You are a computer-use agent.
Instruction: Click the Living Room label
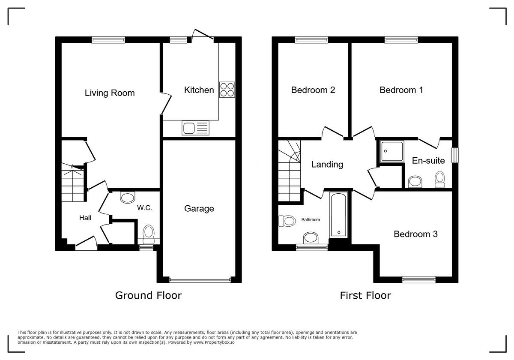point(110,93)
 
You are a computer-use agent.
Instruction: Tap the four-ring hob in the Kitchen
point(227,90)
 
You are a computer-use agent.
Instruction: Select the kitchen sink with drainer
point(196,128)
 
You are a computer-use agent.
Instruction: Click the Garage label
point(199,209)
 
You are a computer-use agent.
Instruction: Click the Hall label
point(85,218)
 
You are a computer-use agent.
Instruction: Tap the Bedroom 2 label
point(313,90)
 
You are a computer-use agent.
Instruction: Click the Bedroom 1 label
point(401,90)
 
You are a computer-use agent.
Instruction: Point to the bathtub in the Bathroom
point(339,215)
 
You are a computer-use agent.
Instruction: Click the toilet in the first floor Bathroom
point(287,221)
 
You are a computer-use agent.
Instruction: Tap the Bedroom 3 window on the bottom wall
point(418,280)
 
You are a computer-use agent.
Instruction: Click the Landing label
point(327,164)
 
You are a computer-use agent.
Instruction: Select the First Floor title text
point(365,295)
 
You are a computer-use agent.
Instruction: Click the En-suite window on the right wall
point(455,155)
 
